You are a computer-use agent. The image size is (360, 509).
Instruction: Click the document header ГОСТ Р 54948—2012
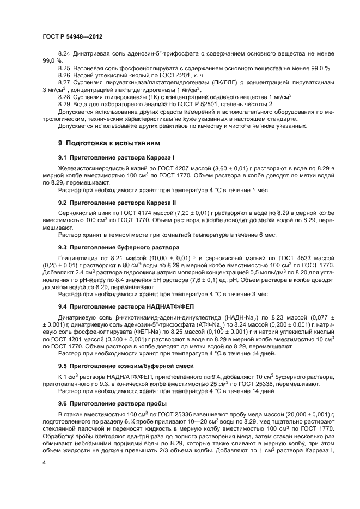[72, 36]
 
